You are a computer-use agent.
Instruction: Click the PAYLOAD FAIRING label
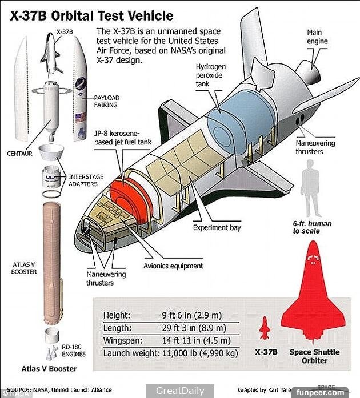(106, 101)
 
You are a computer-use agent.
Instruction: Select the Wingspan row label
(121, 340)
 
